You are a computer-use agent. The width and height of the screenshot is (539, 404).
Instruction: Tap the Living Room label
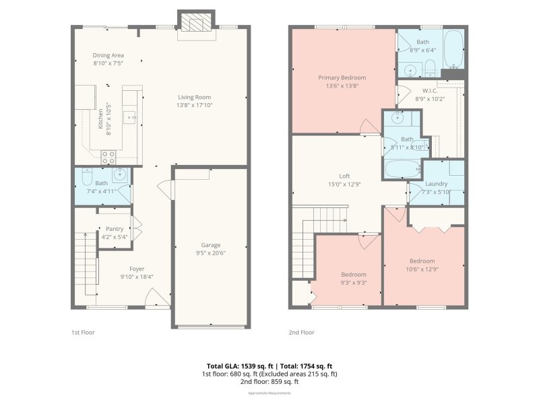(194, 97)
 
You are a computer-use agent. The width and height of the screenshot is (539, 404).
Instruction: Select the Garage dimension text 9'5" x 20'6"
(211, 254)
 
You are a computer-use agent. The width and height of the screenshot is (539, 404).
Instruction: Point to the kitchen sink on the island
(132, 117)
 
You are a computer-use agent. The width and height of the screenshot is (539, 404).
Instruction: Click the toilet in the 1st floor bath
(86, 177)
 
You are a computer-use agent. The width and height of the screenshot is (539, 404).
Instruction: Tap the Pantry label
(115, 229)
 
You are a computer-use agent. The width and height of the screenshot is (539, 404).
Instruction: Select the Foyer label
(137, 269)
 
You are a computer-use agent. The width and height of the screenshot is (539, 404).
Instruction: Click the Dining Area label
(108, 55)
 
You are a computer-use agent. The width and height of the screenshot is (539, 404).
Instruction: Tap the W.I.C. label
(431, 90)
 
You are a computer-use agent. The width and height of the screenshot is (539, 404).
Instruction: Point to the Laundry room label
(437, 184)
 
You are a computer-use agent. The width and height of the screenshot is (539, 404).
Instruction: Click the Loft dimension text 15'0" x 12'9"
(344, 184)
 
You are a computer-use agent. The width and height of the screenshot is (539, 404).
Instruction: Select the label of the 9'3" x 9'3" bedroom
(353, 274)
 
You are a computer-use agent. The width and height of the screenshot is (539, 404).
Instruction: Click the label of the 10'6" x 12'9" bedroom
(422, 261)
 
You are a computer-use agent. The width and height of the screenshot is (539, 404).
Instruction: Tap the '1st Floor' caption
(84, 333)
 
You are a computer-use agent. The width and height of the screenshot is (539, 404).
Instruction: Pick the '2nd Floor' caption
(301, 333)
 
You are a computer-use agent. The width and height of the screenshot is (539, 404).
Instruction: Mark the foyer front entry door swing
(157, 298)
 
